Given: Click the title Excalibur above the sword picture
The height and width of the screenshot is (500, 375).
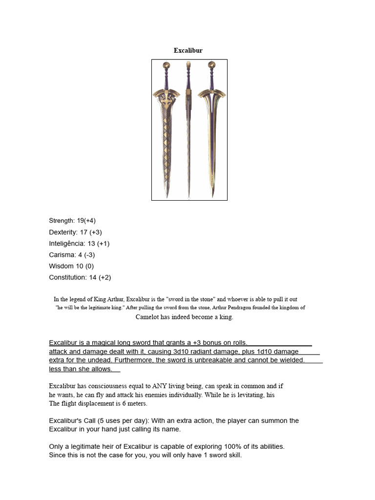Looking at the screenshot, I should tap(188, 50).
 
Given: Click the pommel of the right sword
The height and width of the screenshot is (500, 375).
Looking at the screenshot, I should tap(211, 64).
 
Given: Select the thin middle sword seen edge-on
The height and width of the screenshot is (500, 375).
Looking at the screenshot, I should tap(188, 132).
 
